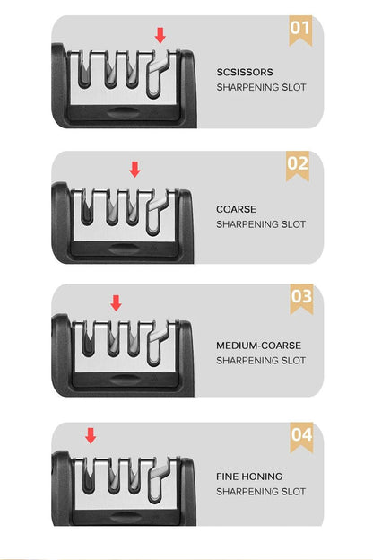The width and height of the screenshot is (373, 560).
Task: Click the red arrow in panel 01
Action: point(160,35)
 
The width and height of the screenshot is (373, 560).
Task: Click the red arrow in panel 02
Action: point(135,169)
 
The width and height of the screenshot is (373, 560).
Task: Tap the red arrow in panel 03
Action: point(116,302)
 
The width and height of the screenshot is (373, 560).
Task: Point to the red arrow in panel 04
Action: point(91,435)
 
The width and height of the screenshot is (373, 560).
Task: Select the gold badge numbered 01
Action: point(299,30)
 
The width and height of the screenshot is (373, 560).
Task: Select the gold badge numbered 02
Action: point(298,164)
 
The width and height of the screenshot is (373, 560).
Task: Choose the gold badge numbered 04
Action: point(301,436)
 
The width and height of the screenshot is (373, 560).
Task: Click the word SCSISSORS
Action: point(245,71)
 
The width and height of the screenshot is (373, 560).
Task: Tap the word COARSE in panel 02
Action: point(236,209)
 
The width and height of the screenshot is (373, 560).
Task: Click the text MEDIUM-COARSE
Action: point(258,345)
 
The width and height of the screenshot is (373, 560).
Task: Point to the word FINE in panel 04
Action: point(228,477)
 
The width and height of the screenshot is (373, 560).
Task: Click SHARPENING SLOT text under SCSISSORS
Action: point(261,88)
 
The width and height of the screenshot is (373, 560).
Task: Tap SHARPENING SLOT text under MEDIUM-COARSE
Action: point(261,361)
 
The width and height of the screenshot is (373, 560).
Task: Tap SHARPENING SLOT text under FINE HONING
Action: point(261,493)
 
